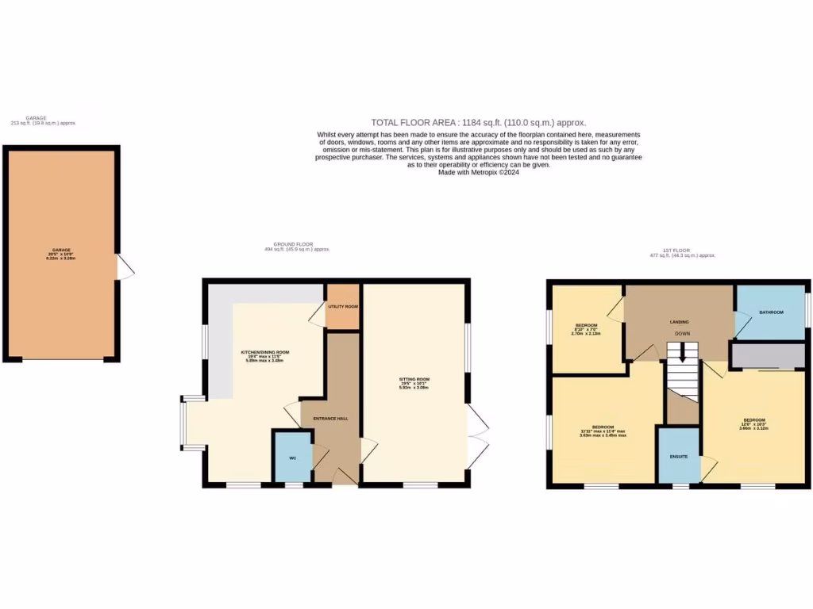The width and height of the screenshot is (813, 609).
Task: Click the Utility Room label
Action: pos(343,306)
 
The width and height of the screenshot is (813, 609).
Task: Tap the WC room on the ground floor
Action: pos(292,458)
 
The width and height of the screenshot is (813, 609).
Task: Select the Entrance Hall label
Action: pos(330,418)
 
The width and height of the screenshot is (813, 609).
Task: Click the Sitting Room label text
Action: pos(414,380)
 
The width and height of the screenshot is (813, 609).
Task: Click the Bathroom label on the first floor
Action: pos(771,312)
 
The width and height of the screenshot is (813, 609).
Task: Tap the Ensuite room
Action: pos(678,456)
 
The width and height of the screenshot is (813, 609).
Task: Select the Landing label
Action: pos(679,322)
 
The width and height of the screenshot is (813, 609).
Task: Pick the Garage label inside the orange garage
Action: pos(61,251)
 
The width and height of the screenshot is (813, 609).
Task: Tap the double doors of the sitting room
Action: pos(477,436)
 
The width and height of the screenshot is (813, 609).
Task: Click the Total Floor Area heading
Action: pos(479,122)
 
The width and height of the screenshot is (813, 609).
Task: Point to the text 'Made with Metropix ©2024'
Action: pos(479,172)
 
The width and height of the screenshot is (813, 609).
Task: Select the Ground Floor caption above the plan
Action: pos(297,247)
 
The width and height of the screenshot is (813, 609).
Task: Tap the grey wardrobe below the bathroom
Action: pos(767,356)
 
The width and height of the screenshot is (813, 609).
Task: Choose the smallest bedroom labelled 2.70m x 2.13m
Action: pos(587,329)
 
